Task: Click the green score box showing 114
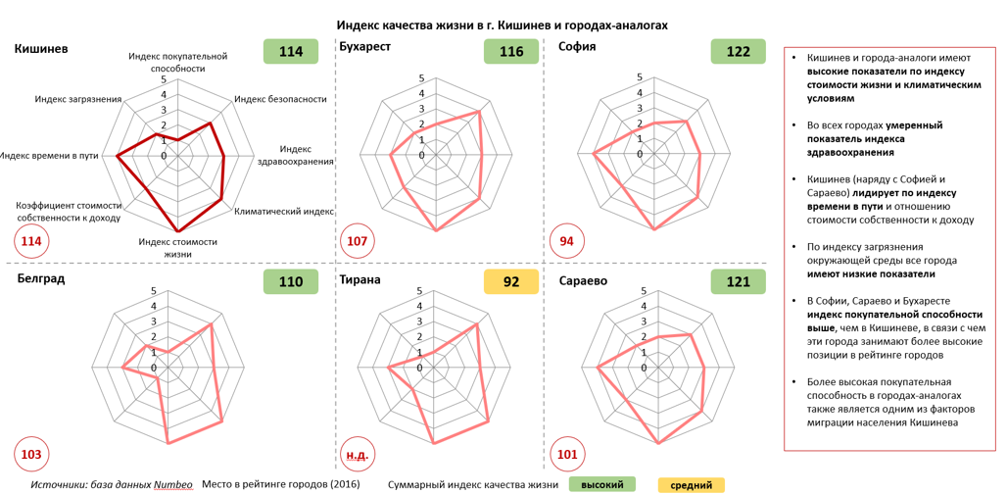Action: [x=291, y=51]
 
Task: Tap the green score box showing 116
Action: [x=511, y=51]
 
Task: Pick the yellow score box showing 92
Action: [x=511, y=281]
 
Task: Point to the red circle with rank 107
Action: [x=357, y=241]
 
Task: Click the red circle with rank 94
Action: [x=567, y=241]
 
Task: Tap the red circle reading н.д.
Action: [x=357, y=455]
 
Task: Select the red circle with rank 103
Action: [x=31, y=455]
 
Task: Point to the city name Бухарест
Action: [x=364, y=48]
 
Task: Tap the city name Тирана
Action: [x=360, y=279]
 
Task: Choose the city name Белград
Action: [x=41, y=278]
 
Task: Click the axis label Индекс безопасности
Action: [x=281, y=99]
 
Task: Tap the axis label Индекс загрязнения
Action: [x=78, y=99]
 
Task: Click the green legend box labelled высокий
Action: [x=602, y=484]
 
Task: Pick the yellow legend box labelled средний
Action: [x=692, y=485]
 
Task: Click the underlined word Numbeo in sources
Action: [x=172, y=484]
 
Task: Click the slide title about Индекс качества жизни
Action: [x=503, y=25]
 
